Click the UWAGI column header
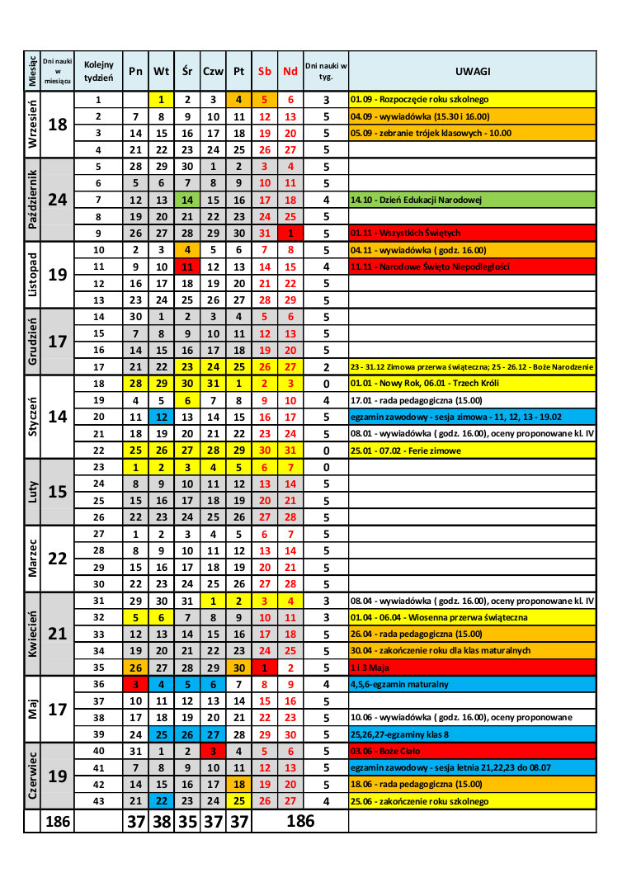pos(472,71)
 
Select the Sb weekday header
pos(265,71)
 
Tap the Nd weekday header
pos(290,71)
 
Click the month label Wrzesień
pos(32,125)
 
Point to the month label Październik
pos(32,200)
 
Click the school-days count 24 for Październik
pos(58,200)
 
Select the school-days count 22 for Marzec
pos(58,559)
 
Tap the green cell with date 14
pos(187,200)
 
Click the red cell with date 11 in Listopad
pos(187,267)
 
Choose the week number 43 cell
pos(99,800)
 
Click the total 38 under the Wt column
pos(162,822)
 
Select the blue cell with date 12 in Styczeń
pos(162,417)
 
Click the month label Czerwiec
pos(32,776)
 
